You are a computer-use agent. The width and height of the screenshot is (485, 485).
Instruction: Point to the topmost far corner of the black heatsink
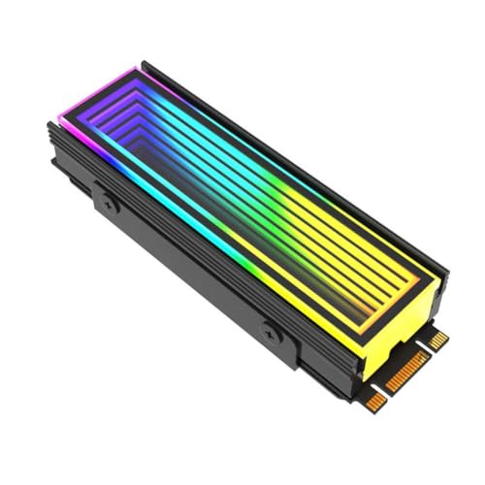143,65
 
